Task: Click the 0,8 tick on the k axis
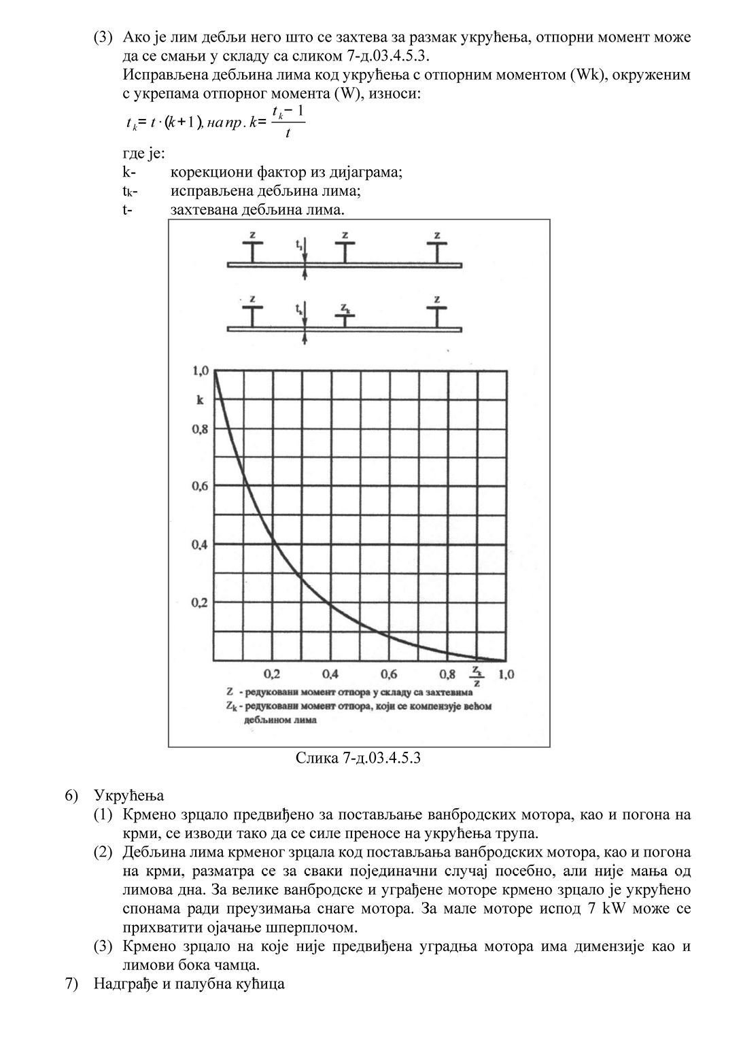(200, 429)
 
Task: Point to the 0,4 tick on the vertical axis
(200, 544)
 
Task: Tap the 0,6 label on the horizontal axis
(389, 674)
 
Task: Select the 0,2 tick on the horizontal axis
(272, 674)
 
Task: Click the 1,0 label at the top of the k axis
(200, 371)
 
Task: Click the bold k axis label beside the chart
(200, 400)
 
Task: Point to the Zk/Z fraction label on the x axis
(478, 676)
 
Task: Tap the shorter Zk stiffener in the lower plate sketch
(345, 315)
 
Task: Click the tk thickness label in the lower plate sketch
(299, 309)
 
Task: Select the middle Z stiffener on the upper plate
(345, 249)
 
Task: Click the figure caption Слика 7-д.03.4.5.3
(358, 757)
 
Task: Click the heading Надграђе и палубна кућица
(190, 984)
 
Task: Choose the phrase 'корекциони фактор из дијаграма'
(286, 172)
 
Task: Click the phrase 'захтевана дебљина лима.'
(258, 210)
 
